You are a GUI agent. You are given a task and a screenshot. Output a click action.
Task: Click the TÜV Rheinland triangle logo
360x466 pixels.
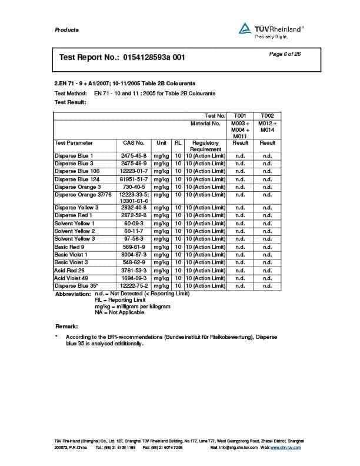coord(245,28)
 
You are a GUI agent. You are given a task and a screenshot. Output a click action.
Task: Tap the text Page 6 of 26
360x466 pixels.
coord(285,54)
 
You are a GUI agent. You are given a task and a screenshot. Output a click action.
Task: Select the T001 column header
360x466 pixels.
coord(240,115)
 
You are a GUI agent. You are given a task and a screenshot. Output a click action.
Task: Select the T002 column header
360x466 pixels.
coord(267,115)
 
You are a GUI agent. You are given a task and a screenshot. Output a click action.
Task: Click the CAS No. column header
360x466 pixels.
coord(134,143)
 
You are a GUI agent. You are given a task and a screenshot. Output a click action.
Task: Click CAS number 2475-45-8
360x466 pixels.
coord(134,156)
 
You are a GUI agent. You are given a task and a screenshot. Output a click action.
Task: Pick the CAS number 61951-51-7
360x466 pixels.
coord(134,179)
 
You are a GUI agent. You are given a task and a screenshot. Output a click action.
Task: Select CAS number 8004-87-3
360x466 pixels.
coord(134,255)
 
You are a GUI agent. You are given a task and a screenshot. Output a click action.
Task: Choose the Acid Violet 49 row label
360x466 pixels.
coord(74,278)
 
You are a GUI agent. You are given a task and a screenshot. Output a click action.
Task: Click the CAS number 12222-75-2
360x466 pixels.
coord(134,285)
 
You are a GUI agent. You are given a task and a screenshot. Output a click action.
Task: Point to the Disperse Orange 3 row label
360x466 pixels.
coord(78,187)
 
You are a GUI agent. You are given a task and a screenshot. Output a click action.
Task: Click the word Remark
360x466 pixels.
coord(66,326)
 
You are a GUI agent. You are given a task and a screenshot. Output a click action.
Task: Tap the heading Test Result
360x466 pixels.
coord(70,102)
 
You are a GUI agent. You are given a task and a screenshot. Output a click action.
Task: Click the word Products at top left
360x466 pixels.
coord(66,30)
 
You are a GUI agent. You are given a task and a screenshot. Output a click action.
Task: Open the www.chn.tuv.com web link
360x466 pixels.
coord(285,448)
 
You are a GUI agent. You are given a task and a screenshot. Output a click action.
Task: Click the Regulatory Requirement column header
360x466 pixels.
coord(205,146)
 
